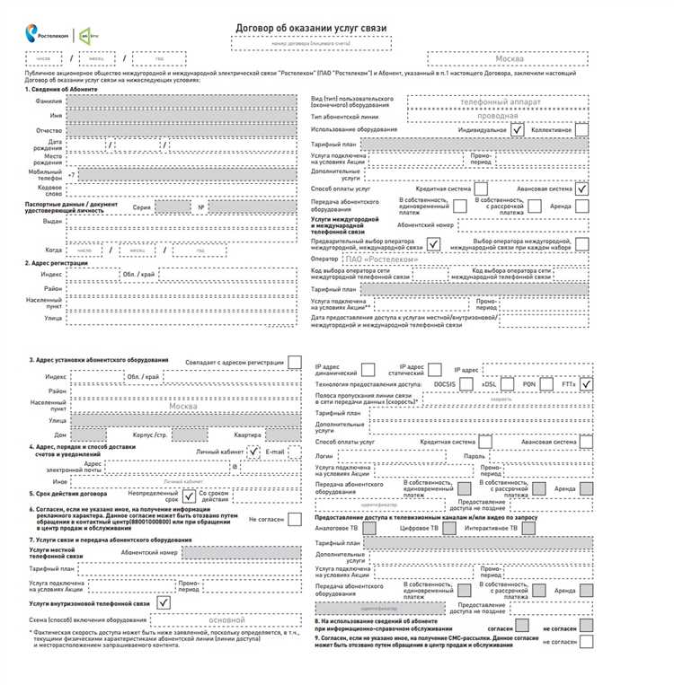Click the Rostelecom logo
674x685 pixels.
point(48,33)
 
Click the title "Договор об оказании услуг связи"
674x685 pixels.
point(311,29)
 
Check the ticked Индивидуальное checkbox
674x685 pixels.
point(518,129)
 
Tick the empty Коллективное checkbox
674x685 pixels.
point(581,129)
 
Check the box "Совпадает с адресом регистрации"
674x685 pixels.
point(295,362)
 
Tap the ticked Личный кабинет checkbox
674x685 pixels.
point(255,451)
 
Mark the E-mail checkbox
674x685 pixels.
point(294,451)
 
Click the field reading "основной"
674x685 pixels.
point(226,619)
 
